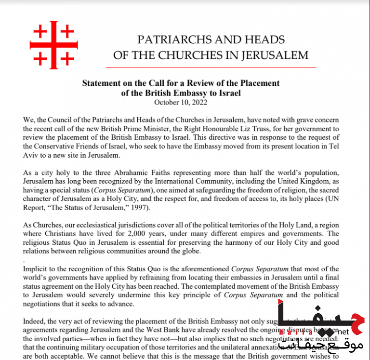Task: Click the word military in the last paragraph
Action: click(116, 347)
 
